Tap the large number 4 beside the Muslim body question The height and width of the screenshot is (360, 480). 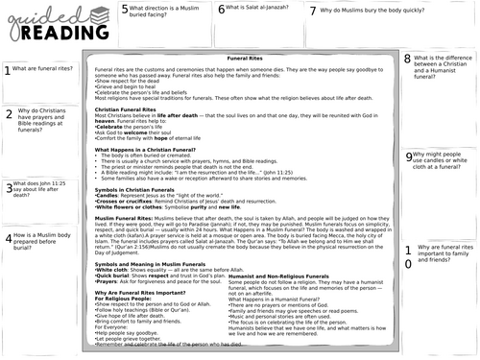coord(8,239)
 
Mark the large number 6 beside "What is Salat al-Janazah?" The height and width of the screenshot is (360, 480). coord(221,10)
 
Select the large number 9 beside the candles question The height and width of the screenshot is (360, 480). coord(408,156)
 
